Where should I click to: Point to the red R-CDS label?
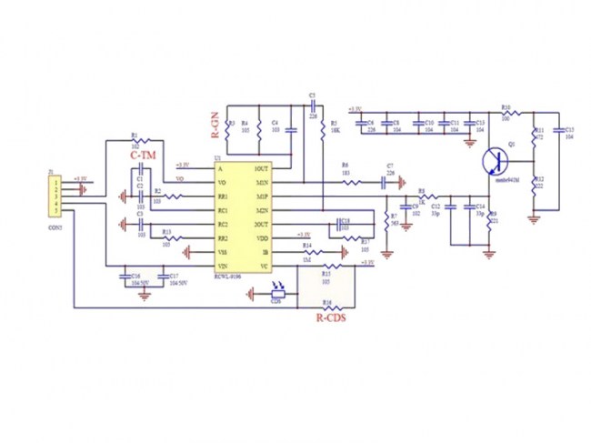[331, 319]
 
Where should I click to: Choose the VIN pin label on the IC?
[223, 266]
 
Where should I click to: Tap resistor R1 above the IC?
[135, 139]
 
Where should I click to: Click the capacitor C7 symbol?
[390, 183]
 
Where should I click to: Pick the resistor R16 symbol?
[328, 307]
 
